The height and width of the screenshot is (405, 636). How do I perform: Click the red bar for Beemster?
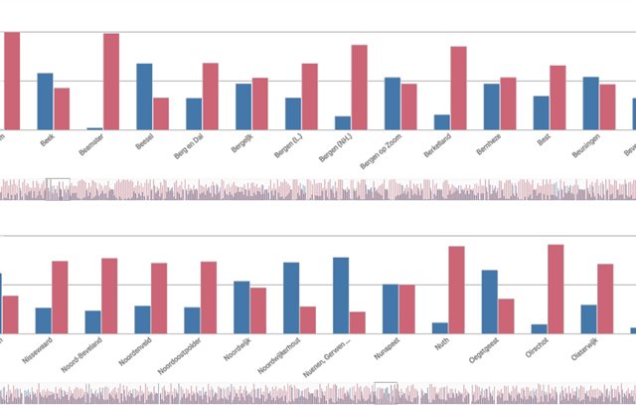pos(111,82)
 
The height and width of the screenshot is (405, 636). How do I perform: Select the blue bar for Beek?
pos(45,101)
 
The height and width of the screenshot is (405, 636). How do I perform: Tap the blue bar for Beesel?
pos(144,97)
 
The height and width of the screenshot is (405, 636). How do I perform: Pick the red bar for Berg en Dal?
pos(210,97)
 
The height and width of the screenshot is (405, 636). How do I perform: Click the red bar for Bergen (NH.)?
pos(359,88)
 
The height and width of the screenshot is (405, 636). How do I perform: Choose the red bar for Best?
pos(557,98)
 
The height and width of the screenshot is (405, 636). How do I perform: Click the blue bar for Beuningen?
pos(590,103)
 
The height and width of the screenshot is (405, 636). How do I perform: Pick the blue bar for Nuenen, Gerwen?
pos(341,296)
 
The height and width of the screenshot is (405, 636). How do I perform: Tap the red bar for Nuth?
pos(457,290)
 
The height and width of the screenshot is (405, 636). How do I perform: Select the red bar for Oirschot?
pos(556,289)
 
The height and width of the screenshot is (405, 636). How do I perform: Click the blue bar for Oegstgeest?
pos(490,302)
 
